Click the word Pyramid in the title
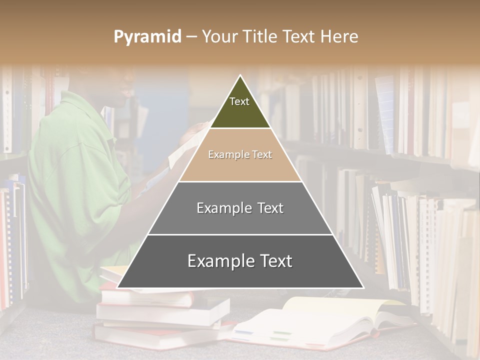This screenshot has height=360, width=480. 147,37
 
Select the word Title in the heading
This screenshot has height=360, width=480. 261,37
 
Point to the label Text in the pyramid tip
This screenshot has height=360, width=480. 239,101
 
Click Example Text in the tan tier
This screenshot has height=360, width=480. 240,154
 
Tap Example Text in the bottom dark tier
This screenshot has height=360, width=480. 240,261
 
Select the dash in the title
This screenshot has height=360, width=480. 191,37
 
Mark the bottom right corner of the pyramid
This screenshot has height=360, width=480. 362,287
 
